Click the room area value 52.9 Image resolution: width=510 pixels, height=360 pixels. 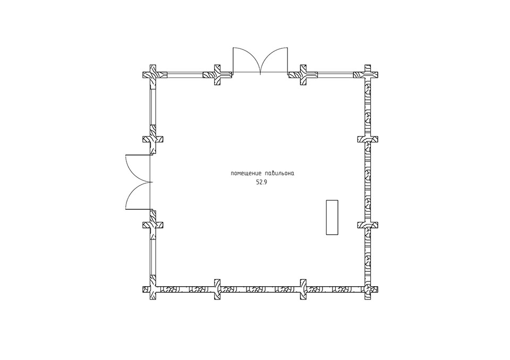click(x=261, y=183)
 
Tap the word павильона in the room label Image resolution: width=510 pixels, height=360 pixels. click(x=280, y=173)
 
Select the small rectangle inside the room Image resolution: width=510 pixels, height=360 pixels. click(x=332, y=217)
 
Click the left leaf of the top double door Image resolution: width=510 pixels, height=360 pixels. click(x=246, y=61)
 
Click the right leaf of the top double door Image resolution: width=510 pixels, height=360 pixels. click(x=274, y=61)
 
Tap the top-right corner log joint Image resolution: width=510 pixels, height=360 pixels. click(x=368, y=75)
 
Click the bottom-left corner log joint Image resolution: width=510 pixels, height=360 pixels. click(x=153, y=289)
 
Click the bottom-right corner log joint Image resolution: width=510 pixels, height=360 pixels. click(x=368, y=289)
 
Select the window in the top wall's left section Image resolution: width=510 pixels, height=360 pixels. click(x=184, y=75)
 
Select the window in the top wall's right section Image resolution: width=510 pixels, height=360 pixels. click(x=336, y=75)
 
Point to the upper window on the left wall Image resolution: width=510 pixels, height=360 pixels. click(x=153, y=107)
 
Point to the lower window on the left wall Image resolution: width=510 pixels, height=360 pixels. click(x=153, y=257)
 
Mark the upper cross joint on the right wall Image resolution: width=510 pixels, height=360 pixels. click(x=368, y=140)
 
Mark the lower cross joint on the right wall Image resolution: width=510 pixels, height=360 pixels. click(x=368, y=225)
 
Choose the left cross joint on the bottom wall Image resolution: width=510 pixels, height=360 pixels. click(x=217, y=289)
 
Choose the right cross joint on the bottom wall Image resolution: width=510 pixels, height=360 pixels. click(x=303, y=289)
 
